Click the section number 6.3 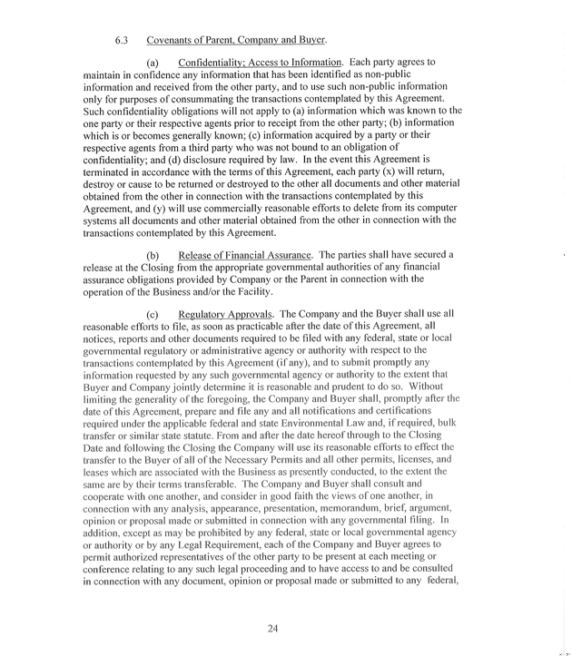[124, 40]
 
